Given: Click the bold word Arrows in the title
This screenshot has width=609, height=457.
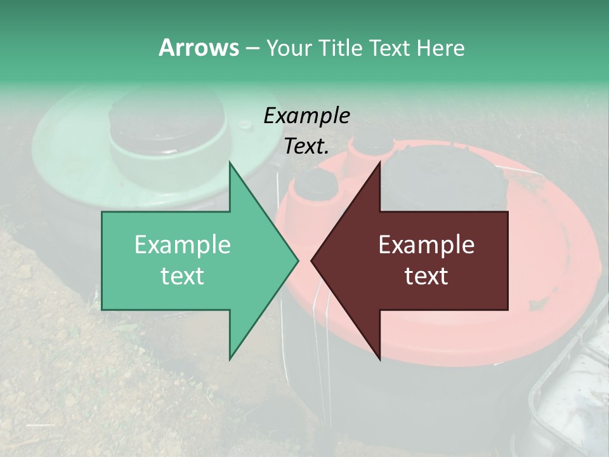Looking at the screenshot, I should [199, 48].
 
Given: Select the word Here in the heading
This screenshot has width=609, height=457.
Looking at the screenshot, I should [440, 48].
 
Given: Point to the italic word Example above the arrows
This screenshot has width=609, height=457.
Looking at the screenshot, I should [306, 116].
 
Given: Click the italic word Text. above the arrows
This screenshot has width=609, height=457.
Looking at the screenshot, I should [306, 146].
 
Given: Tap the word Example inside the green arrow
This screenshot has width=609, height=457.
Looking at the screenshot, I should [182, 245].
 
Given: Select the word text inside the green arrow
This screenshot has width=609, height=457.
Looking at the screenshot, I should [182, 275].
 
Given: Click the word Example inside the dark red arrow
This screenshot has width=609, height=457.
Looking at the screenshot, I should [426, 245].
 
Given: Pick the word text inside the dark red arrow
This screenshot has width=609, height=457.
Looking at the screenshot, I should [426, 275].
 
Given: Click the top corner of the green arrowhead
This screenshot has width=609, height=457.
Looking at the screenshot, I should [230, 162].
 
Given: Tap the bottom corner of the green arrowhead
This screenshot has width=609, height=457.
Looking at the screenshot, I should [230, 359].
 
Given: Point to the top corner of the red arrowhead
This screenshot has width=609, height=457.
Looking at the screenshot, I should [379, 162].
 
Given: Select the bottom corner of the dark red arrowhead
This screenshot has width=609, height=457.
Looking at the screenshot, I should [379, 359].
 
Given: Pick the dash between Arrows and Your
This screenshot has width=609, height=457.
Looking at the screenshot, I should [252, 48].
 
